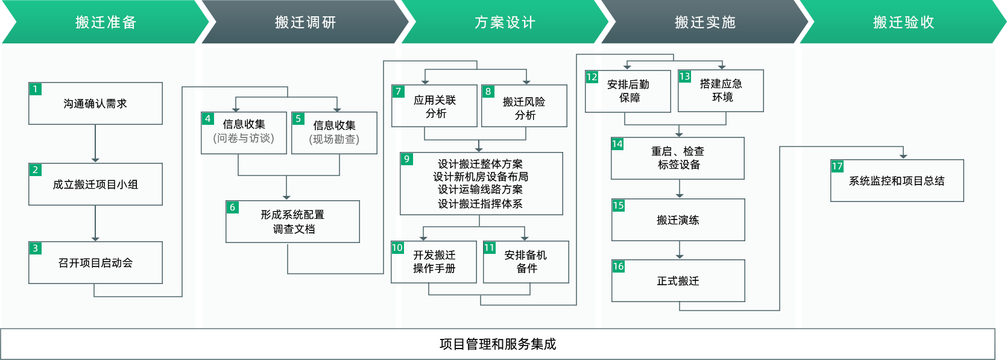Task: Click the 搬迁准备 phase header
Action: click(106, 22)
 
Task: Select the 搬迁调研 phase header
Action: click(305, 22)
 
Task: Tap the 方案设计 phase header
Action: click(505, 22)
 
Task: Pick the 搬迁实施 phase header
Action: click(705, 22)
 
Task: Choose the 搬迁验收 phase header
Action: click(903, 22)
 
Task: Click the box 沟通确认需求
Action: click(95, 104)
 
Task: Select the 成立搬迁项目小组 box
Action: click(95, 185)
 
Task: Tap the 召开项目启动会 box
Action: click(95, 263)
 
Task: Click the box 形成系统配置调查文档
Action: click(292, 222)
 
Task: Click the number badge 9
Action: click(407, 159)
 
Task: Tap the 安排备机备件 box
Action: click(526, 262)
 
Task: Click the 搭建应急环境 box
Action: click(721, 91)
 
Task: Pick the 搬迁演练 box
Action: click(678, 220)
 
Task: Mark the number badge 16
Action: click(619, 267)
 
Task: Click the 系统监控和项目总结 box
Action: click(897, 181)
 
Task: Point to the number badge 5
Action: click(298, 119)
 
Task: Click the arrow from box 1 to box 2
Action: click(95, 144)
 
